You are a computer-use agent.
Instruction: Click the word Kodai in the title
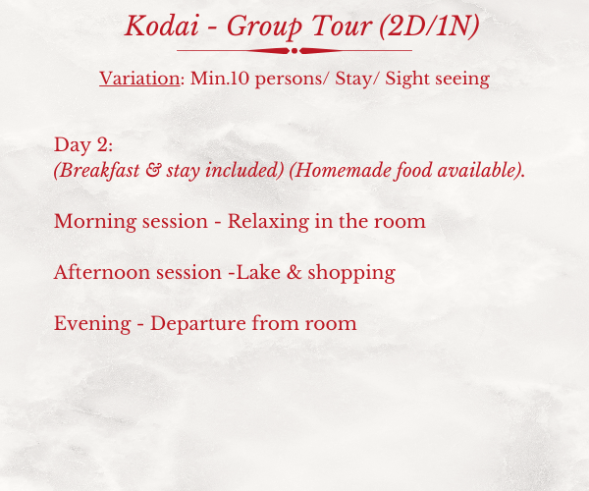[162, 26]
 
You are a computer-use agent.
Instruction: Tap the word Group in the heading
[264, 27]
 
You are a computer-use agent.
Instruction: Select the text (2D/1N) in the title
[429, 26]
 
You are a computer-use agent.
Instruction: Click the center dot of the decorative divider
[294, 51]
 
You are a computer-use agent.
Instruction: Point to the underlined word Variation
[139, 79]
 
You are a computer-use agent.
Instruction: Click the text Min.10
[220, 79]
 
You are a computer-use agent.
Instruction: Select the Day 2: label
[83, 145]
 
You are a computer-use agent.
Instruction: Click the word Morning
[95, 222]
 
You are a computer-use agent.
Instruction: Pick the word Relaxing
[268, 222]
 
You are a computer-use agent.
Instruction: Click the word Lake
[258, 272]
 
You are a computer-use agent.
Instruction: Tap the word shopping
[351, 274]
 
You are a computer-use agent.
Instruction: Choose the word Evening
[92, 324]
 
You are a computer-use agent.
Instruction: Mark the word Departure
[198, 324]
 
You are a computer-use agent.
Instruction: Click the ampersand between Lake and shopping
[294, 272]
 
